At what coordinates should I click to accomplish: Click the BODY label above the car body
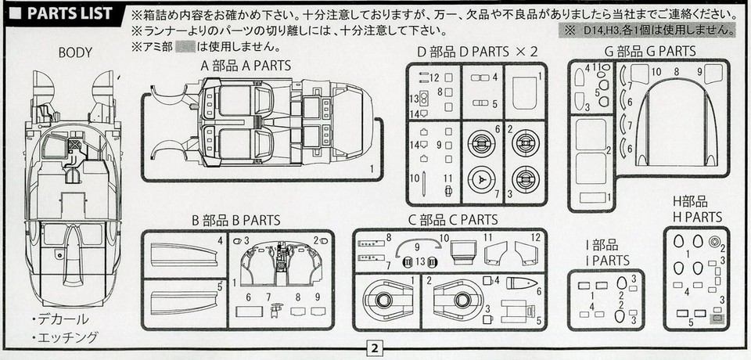tap(76, 52)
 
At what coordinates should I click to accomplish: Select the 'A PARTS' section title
tap(245, 66)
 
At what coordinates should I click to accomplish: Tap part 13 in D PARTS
tap(422, 99)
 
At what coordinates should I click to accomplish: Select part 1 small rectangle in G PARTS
tap(594, 197)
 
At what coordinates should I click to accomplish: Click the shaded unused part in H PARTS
tap(717, 319)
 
